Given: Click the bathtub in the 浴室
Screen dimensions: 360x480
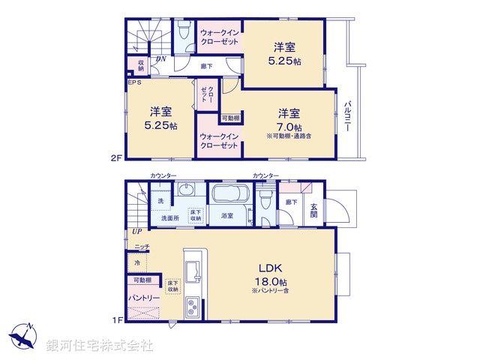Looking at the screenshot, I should (226, 197).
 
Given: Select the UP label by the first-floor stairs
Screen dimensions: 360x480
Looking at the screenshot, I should (136, 231).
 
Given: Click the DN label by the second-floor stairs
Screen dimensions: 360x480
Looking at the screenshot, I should (160, 59).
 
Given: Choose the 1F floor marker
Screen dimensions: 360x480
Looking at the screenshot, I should (116, 320).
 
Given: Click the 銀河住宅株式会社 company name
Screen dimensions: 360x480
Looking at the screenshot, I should (100, 345).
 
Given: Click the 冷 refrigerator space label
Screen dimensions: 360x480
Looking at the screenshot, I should (137, 263).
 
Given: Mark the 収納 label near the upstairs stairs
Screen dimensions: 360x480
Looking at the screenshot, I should (139, 65).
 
